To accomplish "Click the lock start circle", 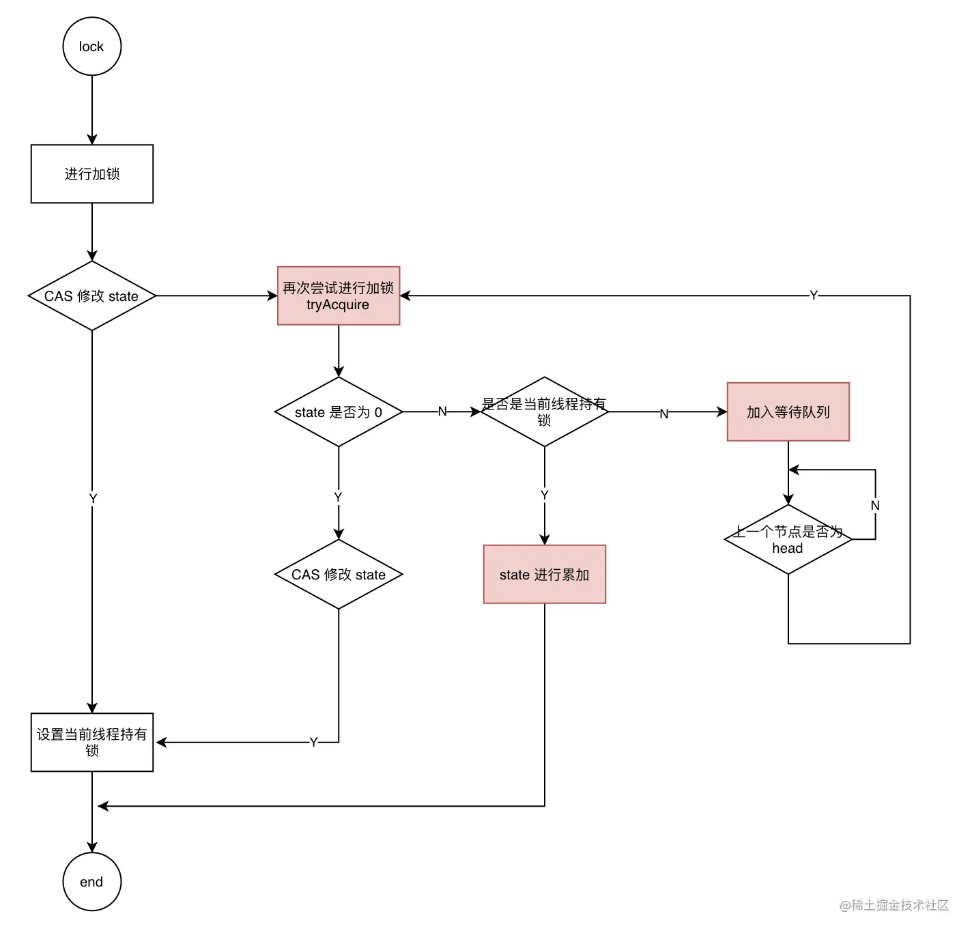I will coord(92,46).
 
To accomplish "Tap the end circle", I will coord(92,882).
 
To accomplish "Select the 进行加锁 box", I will coord(92,174).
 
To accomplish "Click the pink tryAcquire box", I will coord(339,296).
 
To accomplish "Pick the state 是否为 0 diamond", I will coord(339,412).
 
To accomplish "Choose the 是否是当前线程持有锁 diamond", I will coord(545,412).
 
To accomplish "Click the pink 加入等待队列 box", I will coord(788,412).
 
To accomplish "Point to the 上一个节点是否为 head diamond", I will coord(788,540).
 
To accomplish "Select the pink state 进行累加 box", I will coord(545,575).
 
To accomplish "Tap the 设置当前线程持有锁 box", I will coord(92,743).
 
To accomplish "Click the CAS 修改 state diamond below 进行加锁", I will coord(92,296).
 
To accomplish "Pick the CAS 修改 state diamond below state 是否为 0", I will coord(339,575).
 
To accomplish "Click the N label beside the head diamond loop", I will coord(875,506).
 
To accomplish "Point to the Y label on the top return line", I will coord(814,296).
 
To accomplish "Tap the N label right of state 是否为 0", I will coord(442,412).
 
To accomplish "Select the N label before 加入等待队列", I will coord(664,414).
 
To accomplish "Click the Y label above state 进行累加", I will coord(545,495).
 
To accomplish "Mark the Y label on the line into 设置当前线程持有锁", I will coord(313,742).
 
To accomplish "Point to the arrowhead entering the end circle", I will coord(92,848).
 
